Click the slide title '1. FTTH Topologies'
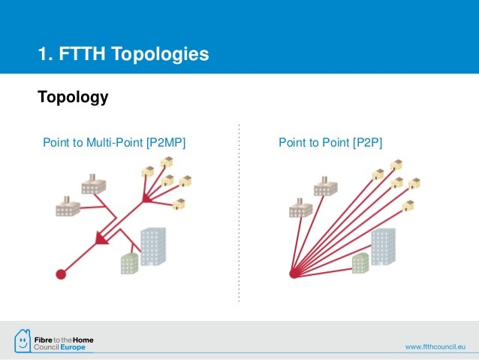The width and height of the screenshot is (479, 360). point(124,54)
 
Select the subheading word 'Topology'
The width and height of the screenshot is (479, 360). point(73,98)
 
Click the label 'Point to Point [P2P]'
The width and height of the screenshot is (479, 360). point(330,141)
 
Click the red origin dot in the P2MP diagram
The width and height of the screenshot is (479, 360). point(61,274)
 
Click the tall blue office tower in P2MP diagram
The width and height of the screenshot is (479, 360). point(153,247)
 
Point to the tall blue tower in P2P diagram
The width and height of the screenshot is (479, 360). point(383,247)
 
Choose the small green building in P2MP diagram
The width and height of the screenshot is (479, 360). point(129,262)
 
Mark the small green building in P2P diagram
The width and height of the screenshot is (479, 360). point(360,262)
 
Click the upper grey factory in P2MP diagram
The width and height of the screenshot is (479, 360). point(93,185)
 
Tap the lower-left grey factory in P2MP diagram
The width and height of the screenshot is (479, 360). point(68,205)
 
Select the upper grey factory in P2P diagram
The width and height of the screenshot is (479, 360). point(324,185)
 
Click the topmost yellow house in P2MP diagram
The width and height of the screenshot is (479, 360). point(167,161)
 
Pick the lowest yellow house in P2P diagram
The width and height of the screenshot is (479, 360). point(408,204)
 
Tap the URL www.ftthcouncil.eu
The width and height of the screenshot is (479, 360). point(436,346)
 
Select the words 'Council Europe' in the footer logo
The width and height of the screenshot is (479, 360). point(63,347)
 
